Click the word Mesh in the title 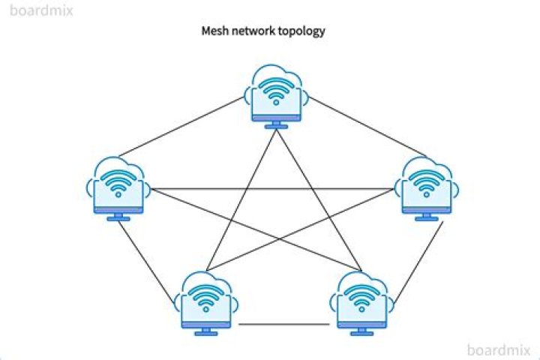(215, 31)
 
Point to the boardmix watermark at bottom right (499, 349)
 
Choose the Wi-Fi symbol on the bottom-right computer (363, 298)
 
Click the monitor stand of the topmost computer (277, 124)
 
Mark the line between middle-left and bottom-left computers (151, 259)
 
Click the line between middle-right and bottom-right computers (416, 259)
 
